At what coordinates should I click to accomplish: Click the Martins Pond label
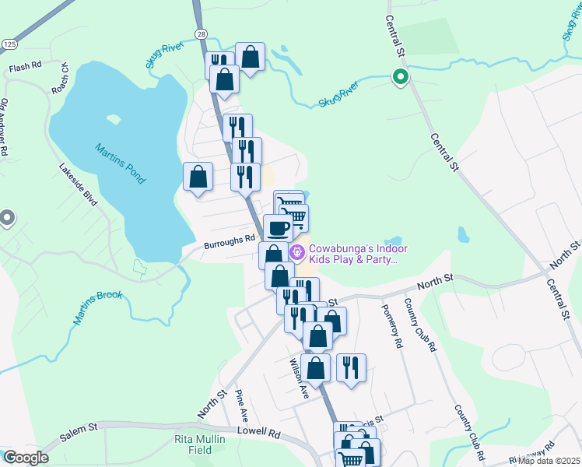tap(121, 163)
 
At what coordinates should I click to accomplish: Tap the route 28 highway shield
tap(201, 34)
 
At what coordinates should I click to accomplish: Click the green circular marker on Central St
tap(401, 76)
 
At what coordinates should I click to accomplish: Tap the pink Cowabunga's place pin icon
tap(296, 252)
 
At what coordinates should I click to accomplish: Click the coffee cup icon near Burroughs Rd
tap(278, 227)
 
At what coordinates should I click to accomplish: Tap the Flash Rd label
tap(25, 68)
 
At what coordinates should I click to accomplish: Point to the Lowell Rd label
tap(259, 431)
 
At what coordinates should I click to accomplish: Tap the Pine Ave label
tap(241, 405)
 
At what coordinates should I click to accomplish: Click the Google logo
tap(26, 458)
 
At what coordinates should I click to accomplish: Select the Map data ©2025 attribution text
tap(548, 461)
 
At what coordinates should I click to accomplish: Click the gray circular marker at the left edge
tap(6, 219)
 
